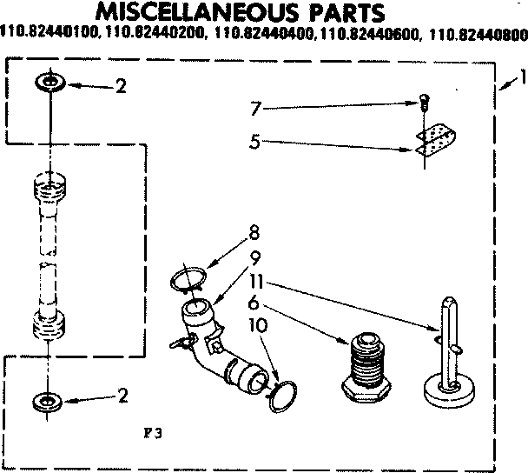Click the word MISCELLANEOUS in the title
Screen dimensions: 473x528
click(x=190, y=13)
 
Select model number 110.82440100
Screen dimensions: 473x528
click(x=50, y=36)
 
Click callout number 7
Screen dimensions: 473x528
click(x=254, y=110)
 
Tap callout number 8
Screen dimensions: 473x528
click(x=254, y=232)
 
